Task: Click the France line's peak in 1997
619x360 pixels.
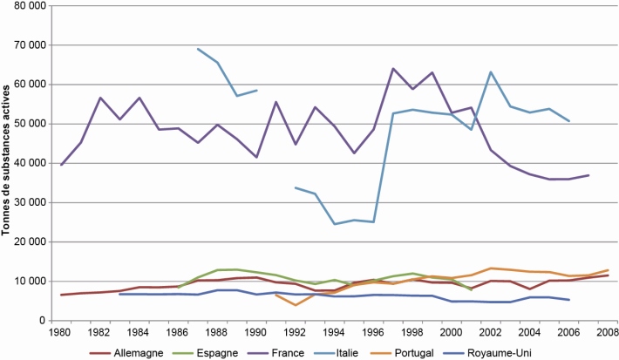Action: click(x=394, y=68)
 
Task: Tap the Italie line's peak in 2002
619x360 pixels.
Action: click(x=491, y=71)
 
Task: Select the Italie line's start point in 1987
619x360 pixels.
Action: click(x=198, y=49)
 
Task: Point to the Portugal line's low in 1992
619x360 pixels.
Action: click(x=296, y=305)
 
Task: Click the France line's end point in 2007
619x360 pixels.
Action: click(x=589, y=175)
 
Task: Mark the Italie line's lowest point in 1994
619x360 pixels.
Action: click(x=335, y=224)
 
